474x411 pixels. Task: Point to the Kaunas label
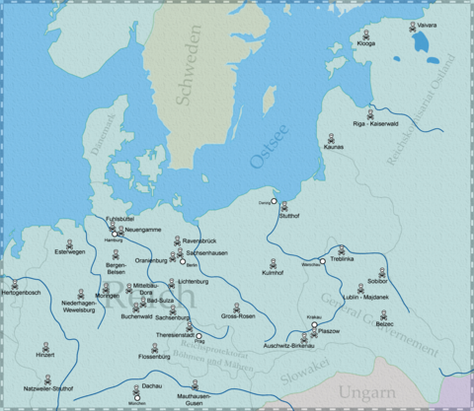334,148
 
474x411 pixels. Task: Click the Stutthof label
288,216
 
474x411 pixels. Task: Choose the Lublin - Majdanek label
365,297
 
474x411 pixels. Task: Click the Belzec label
384,323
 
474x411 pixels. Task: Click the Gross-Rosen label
238,316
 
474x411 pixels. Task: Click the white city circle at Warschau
323,261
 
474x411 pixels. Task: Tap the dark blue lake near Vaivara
424,41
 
